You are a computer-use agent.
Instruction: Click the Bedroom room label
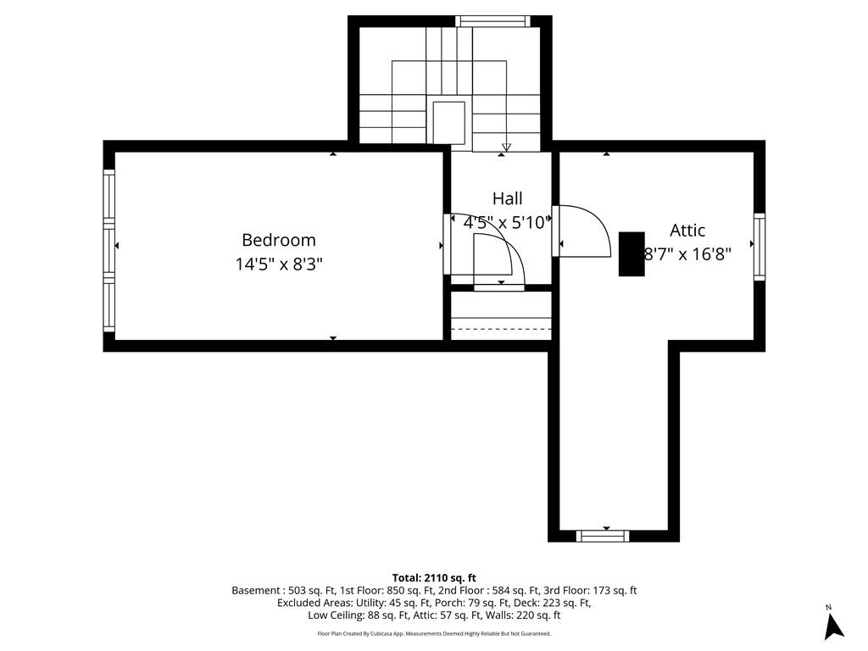278,240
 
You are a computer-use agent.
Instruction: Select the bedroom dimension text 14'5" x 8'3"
278,264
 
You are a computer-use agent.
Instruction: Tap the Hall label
507,199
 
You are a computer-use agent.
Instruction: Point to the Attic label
687,230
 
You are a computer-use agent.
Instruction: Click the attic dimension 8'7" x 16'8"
687,253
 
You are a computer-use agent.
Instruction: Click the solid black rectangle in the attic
632,253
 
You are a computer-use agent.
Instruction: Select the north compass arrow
834,625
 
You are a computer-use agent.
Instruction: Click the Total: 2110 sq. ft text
433,578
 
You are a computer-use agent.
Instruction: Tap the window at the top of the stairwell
492,21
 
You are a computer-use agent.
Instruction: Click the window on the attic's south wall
603,535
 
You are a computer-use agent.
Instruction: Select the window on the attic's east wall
759,247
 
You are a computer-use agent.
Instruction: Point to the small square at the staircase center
448,122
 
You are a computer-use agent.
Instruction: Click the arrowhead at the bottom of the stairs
506,146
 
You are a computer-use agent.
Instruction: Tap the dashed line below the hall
501,329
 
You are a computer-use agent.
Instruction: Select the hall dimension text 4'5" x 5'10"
507,223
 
